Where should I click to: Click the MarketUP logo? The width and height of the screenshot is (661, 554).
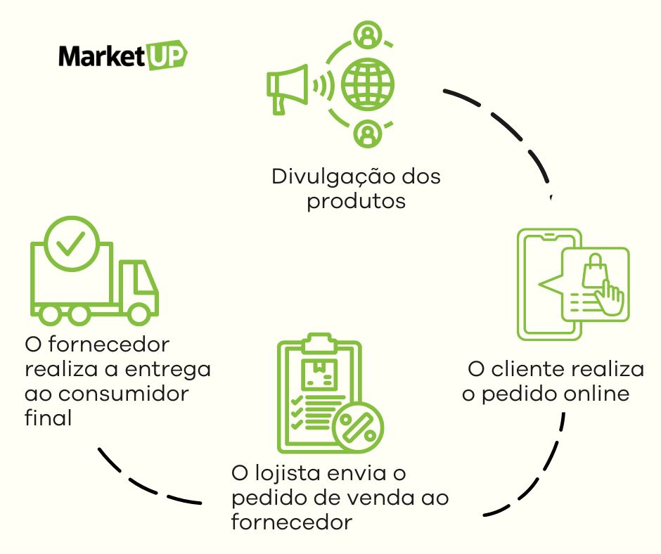[x=122, y=56]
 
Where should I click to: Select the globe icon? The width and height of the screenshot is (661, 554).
[x=367, y=85]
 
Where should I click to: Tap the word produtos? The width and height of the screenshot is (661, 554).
[x=357, y=201]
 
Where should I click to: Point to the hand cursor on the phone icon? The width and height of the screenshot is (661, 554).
[x=609, y=298]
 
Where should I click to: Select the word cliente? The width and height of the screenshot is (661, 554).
[x=530, y=370]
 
